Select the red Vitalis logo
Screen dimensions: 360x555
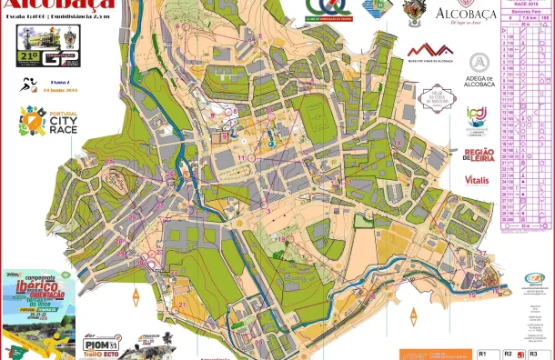(x=477, y=180)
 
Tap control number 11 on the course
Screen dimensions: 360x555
(x=243, y=157)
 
